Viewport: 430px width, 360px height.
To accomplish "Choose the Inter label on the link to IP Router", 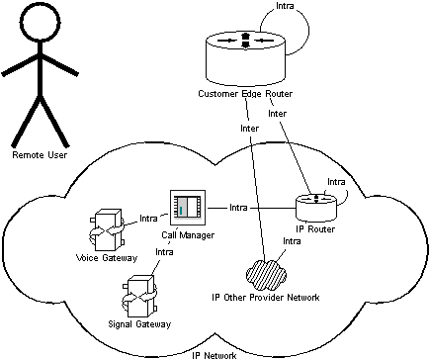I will tap(278, 114).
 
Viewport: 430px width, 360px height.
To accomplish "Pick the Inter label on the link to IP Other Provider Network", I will tap(250, 129).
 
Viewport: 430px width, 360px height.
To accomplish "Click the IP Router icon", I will tap(317, 206).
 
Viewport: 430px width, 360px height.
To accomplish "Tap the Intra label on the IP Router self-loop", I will tap(336, 182).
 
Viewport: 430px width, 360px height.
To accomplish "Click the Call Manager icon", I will tap(187, 208).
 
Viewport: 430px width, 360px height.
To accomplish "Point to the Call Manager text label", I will tap(188, 235).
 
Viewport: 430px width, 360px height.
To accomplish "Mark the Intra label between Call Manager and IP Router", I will tap(238, 208).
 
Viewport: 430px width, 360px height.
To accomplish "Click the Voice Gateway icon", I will tap(106, 228).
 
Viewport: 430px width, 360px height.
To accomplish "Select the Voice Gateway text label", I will tap(107, 258).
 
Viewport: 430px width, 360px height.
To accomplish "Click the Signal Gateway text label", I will tap(138, 324).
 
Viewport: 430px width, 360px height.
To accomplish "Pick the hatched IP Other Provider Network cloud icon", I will tap(264, 268).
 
